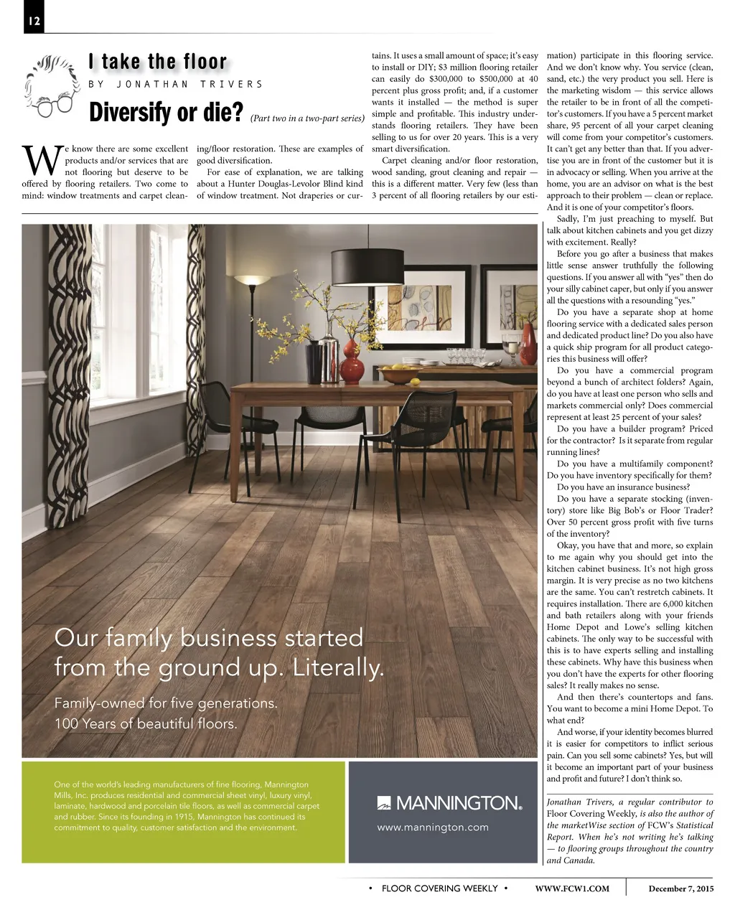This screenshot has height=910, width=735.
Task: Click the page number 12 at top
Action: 33,22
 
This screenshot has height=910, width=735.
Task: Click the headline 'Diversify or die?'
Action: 166,113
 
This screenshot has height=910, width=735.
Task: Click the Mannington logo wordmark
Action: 449,802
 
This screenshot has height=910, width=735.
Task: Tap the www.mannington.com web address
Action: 433,827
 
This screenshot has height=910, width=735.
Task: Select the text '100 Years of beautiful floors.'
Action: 146,723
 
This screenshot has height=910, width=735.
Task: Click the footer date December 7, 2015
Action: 681,888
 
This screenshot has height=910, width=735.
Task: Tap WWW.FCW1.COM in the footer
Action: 572,888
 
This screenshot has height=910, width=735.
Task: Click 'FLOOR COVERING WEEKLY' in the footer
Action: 439,888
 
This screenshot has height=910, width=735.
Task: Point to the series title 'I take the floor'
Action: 157,62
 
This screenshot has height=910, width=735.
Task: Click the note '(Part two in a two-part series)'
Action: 308,117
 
